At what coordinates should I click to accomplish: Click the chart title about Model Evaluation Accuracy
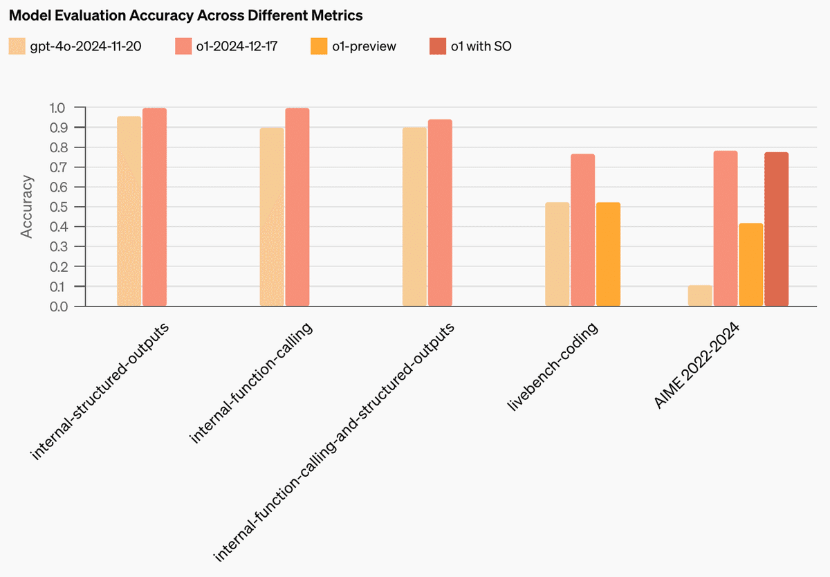click(185, 15)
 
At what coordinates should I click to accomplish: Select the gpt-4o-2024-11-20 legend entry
click(76, 46)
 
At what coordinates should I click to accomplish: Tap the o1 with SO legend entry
click(469, 46)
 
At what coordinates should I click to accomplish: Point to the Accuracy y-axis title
click(27, 207)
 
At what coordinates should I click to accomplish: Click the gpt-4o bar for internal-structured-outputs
click(129, 211)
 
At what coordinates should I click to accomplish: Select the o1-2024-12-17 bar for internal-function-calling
click(297, 207)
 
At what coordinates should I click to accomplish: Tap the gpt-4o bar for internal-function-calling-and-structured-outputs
click(414, 217)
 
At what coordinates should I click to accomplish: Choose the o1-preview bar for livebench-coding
click(608, 254)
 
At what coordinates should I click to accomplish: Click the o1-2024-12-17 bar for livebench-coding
click(582, 230)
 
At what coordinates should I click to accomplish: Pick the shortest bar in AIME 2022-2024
click(700, 295)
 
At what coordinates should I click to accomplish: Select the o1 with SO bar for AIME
click(776, 229)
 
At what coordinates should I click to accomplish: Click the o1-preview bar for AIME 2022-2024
click(750, 264)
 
